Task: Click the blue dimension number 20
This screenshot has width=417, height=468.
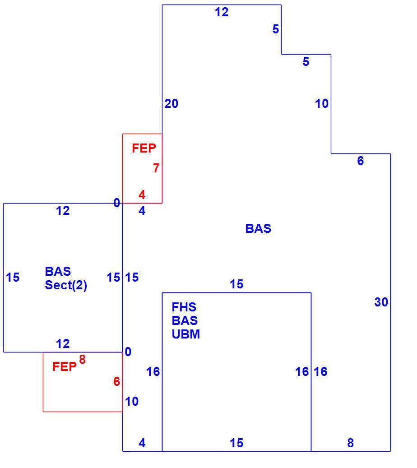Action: click(x=171, y=103)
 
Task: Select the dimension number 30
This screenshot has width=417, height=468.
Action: click(x=381, y=302)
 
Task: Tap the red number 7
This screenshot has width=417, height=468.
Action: click(x=156, y=168)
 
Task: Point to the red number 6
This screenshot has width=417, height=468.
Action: click(x=117, y=381)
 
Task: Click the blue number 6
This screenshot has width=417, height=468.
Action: click(x=361, y=161)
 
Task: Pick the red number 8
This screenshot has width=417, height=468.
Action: click(x=83, y=359)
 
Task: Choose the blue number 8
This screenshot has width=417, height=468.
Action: click(x=351, y=443)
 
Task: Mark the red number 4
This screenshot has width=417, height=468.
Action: click(x=142, y=195)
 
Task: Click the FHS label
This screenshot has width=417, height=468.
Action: click(x=184, y=307)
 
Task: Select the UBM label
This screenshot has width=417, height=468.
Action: click(x=185, y=334)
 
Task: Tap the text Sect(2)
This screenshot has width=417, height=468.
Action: click(x=66, y=285)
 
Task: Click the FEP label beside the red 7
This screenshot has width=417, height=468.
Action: click(x=144, y=148)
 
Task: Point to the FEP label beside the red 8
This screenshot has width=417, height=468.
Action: click(x=65, y=367)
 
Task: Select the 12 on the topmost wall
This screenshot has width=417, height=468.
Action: click(x=222, y=12)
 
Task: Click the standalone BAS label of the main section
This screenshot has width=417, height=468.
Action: click(x=258, y=229)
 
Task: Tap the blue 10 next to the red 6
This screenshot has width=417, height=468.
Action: click(x=132, y=402)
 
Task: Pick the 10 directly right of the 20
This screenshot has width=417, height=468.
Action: click(x=322, y=103)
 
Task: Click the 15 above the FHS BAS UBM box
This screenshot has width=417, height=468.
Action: click(x=236, y=284)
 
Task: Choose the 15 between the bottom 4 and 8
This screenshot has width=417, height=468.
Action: click(x=236, y=443)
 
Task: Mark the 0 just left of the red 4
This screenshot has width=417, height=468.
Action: click(x=117, y=203)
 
